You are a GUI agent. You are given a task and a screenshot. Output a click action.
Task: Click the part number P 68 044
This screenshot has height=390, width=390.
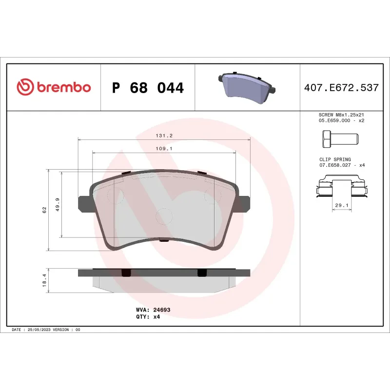click(x=148, y=88)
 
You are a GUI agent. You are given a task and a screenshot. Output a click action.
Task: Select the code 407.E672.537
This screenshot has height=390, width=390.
click(x=341, y=88)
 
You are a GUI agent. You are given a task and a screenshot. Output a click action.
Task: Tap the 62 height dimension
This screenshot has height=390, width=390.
click(x=44, y=210)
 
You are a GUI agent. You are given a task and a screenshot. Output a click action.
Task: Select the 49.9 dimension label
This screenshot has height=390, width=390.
click(x=58, y=204)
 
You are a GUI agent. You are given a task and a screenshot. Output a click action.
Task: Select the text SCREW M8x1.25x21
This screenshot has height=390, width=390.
click(x=341, y=115)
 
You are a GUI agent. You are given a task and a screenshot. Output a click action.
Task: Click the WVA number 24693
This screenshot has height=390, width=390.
click(x=161, y=310)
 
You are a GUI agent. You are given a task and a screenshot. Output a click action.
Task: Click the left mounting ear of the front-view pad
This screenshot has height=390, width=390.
click(x=84, y=203)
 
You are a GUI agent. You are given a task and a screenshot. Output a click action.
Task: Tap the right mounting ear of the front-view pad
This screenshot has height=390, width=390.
click(x=243, y=203)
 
